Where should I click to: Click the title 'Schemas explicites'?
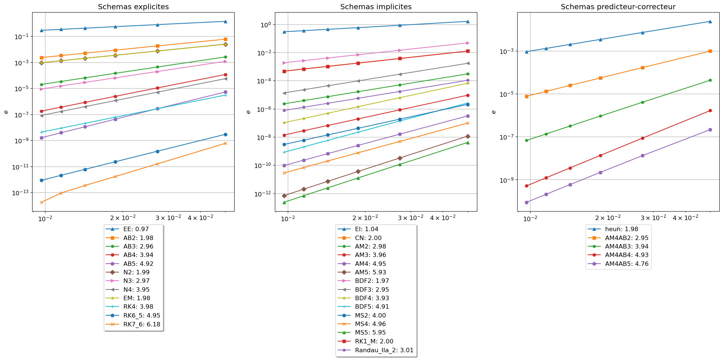click(133, 7)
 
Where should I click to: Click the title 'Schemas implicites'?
click(376, 7)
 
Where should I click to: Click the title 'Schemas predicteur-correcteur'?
click(618, 7)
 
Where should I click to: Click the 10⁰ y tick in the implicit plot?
click(266, 25)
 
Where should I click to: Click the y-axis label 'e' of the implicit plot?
click(248, 112)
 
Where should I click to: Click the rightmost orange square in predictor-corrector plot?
click(710, 51)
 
